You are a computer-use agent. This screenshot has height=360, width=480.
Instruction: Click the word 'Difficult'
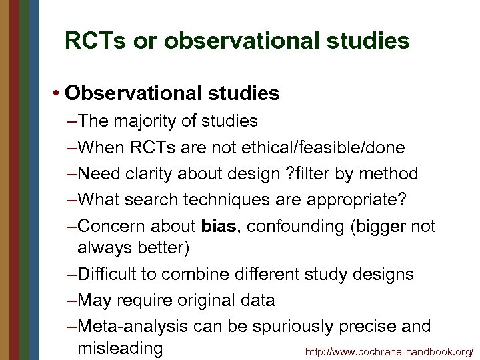point(113,274)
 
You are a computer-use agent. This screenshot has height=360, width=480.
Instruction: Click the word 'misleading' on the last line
point(120,348)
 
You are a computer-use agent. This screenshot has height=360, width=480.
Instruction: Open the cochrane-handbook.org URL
point(389,351)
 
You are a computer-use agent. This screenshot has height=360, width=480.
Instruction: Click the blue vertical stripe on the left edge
point(34,180)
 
